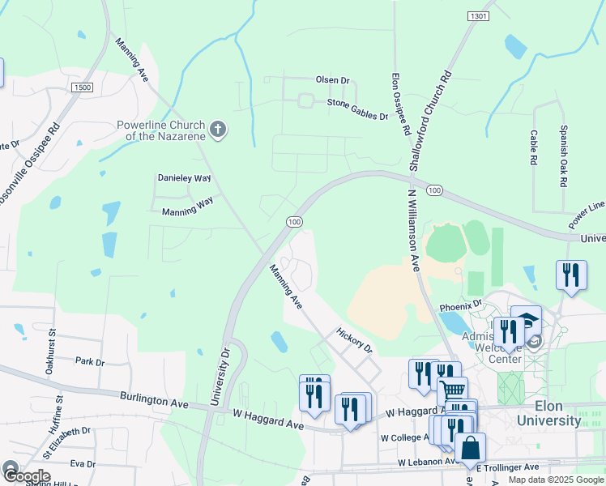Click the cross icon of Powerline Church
(217, 129)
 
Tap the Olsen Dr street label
(332, 81)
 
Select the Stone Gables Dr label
(357, 109)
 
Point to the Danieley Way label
(184, 177)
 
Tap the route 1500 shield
(82, 87)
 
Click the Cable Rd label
(534, 148)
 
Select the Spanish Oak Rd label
(563, 157)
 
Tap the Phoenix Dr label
(460, 308)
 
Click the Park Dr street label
(89, 361)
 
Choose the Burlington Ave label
(153, 399)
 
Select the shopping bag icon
(470, 448)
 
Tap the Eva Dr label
(83, 464)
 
